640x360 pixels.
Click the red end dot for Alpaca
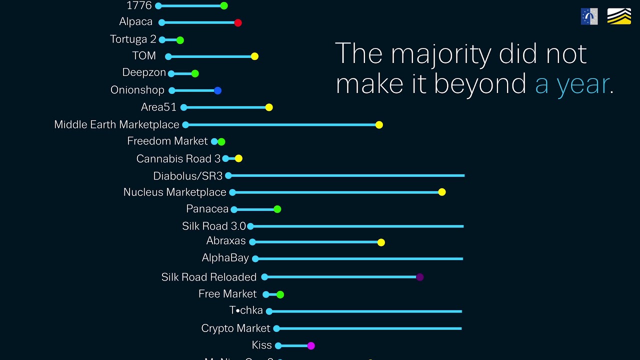coord(238,22)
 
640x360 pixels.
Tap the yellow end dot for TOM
coord(254,56)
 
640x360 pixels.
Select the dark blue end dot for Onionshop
coord(217,90)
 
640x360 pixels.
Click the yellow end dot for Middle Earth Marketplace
coord(379,125)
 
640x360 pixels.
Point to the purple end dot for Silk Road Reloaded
coord(420,277)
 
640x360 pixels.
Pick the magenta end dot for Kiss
coord(311,345)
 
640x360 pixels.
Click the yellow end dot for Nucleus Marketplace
coord(442,192)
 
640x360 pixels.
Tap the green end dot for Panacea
coord(277,209)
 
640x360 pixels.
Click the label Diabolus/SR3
coord(188,176)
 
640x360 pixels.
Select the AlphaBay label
coord(225,258)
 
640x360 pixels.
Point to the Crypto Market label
coord(235,328)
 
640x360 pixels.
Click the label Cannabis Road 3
coord(178,159)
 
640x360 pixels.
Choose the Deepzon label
coord(144,72)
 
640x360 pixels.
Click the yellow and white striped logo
coord(619,16)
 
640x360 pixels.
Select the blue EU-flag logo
coord(589,16)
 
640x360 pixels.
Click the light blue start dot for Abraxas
coord(252,242)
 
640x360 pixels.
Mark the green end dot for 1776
coord(224,6)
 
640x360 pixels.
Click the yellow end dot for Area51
coord(269,107)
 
